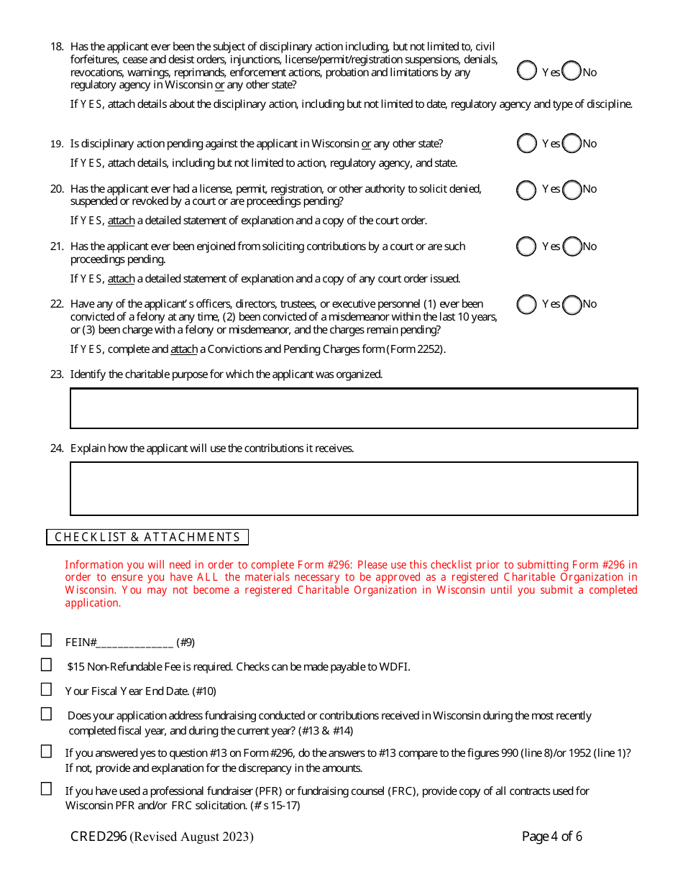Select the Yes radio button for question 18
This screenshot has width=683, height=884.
527,70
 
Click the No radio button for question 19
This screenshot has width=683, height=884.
572,144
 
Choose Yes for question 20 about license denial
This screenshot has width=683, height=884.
527,190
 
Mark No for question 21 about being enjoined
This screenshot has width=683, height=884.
572,247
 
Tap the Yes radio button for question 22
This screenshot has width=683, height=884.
527,305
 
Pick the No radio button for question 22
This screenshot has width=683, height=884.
572,305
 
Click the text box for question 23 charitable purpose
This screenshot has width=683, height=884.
354,408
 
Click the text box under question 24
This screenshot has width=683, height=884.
354,489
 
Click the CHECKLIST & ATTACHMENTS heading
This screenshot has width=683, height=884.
147,537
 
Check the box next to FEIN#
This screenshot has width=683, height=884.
47,640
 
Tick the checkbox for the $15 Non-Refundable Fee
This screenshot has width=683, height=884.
47,665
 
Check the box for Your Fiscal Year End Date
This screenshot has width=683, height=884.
47,689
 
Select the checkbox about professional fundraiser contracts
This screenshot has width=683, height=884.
47,788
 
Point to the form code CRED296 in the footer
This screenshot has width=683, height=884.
98,837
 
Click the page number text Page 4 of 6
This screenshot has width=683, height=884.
551,837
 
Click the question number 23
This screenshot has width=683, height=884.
57,374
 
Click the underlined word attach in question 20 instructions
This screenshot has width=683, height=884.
121,221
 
